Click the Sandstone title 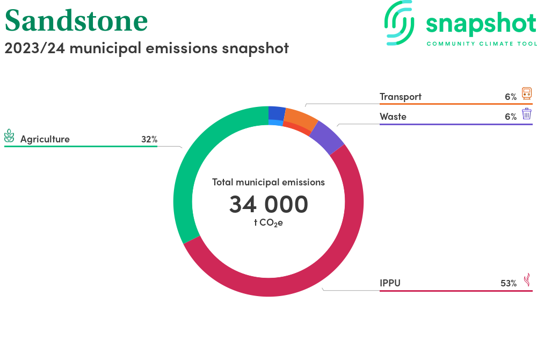[76, 20]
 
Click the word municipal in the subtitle [105, 48]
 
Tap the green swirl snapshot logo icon [399, 23]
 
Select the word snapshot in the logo [481, 24]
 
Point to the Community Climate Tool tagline [482, 44]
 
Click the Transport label [401, 97]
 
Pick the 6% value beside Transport [511, 97]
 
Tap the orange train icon [527, 93]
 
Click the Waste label [393, 117]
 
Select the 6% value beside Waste [511, 117]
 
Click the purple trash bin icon [527, 114]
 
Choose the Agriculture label [45, 139]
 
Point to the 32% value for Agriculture [149, 139]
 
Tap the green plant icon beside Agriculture [9, 135]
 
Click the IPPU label [390, 283]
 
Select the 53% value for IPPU [509, 283]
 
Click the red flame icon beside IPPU [527, 280]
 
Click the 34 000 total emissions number [269, 204]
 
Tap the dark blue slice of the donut [277, 113]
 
